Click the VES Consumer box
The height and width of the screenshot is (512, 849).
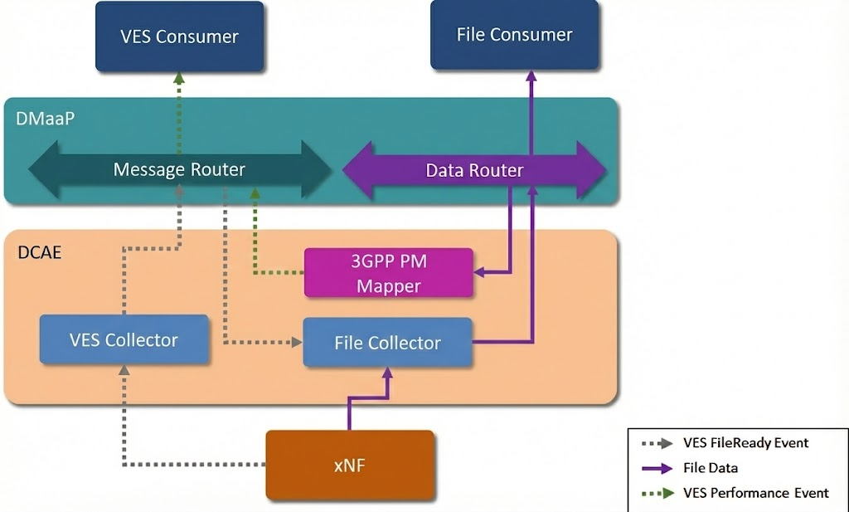tap(179, 36)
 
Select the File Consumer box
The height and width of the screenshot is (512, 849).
tap(514, 35)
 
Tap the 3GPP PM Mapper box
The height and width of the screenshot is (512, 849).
tap(389, 273)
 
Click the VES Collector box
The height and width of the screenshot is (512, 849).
tap(124, 339)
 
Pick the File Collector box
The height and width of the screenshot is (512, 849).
tap(387, 342)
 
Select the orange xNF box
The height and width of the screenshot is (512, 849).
tap(349, 465)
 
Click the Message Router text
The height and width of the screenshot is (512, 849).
tap(179, 170)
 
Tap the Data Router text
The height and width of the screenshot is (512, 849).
tap(474, 171)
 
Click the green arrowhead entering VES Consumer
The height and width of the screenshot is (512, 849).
tap(178, 78)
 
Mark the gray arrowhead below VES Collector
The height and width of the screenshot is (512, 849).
tap(124, 371)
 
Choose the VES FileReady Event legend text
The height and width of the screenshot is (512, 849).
tap(745, 442)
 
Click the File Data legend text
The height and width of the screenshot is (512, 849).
tap(711, 468)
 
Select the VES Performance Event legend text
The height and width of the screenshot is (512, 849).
tap(755, 493)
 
